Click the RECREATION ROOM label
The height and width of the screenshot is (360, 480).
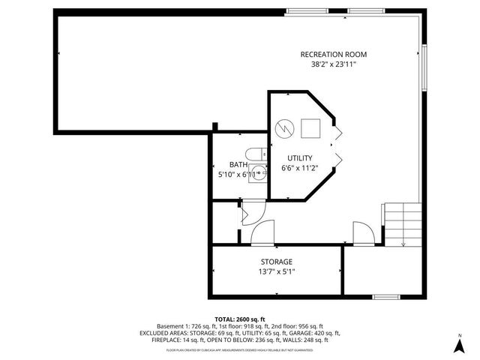click(x=334, y=54)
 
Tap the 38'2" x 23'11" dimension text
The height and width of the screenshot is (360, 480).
click(x=334, y=65)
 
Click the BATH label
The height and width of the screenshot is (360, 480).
click(x=238, y=165)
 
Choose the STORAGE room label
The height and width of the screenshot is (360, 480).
click(x=276, y=262)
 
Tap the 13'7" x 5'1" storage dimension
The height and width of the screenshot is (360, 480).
click(x=276, y=271)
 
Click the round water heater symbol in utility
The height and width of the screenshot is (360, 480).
click(x=284, y=127)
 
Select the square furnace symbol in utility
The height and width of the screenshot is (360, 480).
click(x=309, y=127)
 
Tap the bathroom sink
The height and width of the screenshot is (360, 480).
click(x=257, y=154)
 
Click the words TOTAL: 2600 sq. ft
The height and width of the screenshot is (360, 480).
click(x=240, y=319)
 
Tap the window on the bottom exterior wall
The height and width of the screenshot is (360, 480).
click(x=385, y=297)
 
